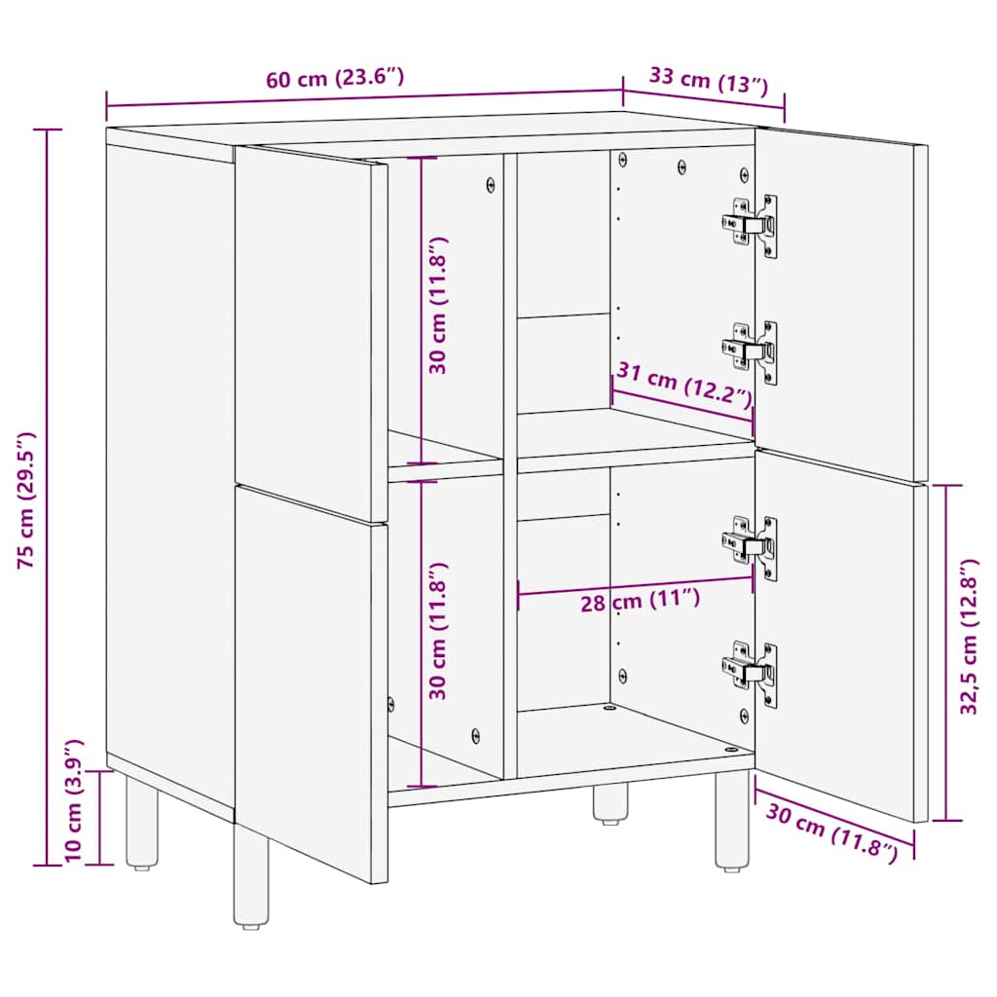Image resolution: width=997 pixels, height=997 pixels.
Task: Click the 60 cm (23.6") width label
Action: [335, 79]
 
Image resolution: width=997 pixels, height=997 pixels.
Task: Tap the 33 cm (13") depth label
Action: [703, 81]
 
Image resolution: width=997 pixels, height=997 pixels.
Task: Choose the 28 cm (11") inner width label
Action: [640, 601]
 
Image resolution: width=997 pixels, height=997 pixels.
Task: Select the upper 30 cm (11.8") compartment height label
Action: [437, 305]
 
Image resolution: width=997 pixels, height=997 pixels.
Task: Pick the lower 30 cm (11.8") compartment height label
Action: [437, 631]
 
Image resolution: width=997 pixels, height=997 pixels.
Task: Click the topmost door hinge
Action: [752, 225]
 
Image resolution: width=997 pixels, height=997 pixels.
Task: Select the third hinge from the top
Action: [752, 546]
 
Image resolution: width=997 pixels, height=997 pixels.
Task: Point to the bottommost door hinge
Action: [752, 672]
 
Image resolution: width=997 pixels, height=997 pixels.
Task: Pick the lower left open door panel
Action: [310, 682]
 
